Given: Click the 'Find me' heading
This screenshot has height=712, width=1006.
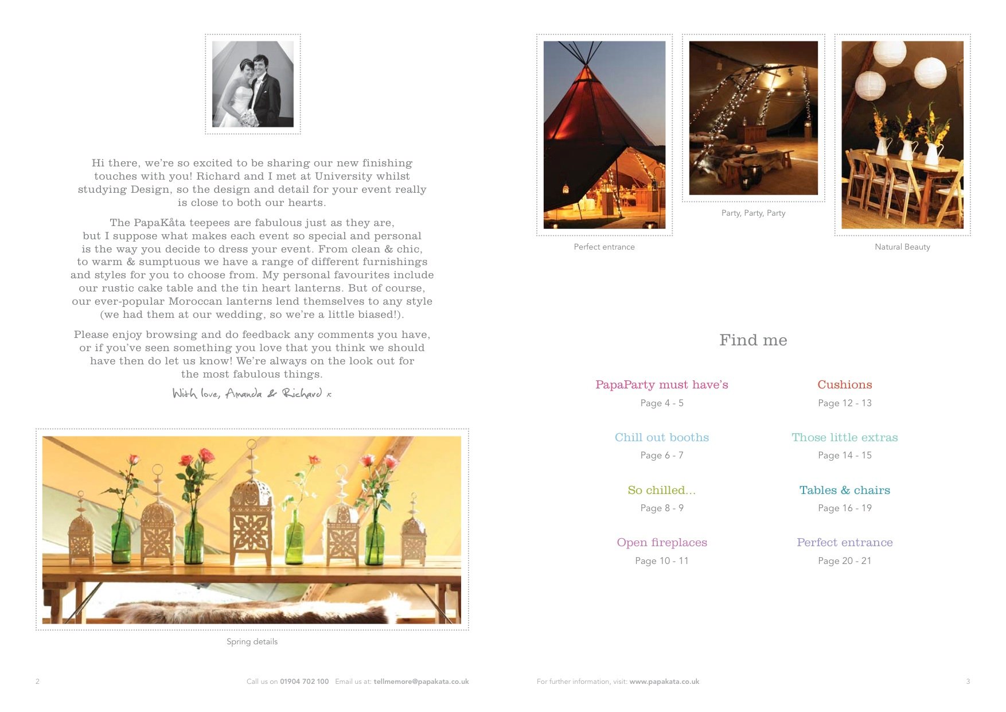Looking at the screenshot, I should [753, 340].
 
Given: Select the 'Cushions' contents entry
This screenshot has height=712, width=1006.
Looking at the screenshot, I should [844, 385].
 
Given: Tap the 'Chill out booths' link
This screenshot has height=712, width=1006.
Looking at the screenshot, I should [661, 438].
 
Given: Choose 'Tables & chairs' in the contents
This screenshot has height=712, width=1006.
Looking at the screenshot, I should [844, 491].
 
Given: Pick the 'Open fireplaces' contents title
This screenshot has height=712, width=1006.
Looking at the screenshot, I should [661, 543].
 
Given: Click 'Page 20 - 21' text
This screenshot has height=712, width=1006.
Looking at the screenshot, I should [844, 561].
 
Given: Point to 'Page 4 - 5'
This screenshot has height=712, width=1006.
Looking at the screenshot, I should [661, 403].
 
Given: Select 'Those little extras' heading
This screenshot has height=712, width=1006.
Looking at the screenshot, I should [844, 438].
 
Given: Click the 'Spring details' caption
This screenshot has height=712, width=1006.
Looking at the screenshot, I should [252, 642].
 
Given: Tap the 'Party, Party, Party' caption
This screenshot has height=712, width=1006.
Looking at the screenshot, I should [753, 213].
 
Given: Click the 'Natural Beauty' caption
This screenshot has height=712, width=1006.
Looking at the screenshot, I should [902, 247].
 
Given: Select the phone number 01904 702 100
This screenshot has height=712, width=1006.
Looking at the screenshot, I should [304, 682].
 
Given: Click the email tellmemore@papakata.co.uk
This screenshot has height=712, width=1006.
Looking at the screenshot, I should [421, 682].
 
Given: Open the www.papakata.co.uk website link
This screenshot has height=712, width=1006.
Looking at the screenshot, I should [664, 682].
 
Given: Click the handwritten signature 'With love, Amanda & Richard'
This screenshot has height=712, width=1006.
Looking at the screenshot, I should [252, 394].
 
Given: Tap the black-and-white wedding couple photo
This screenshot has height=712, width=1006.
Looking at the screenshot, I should [252, 84].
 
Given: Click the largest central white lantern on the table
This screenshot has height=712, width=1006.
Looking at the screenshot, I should [251, 516].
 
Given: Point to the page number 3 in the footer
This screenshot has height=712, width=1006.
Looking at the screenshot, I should [968, 682].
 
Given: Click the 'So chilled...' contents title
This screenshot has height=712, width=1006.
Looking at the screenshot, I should [661, 491].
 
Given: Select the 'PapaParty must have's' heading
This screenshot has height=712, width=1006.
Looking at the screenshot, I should [661, 385].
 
